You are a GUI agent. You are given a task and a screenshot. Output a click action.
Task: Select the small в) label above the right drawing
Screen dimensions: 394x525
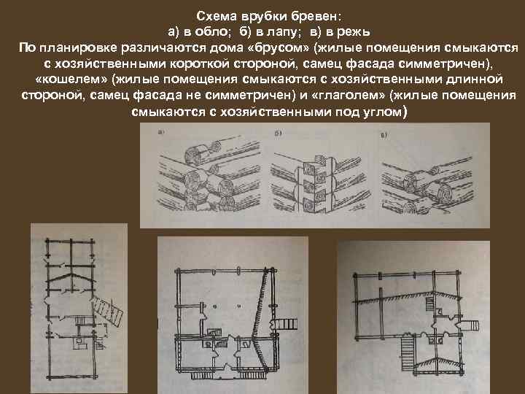click(384, 134)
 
